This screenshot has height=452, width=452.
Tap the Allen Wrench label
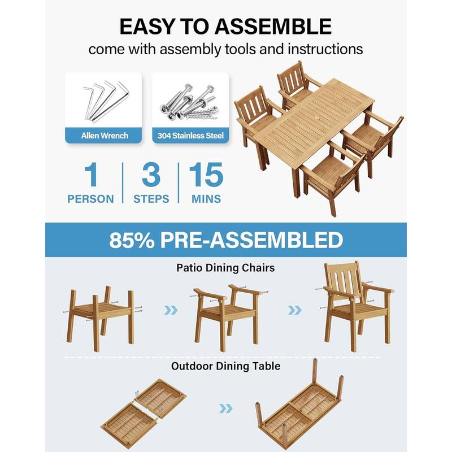click(105, 136)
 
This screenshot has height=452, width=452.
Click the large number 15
click(206, 176)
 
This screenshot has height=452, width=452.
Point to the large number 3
click(151, 176)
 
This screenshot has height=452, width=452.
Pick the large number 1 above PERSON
click(91, 176)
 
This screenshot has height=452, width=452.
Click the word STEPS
click(151, 199)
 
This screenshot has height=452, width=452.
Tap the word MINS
click(206, 199)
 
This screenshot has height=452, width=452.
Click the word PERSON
click(90, 199)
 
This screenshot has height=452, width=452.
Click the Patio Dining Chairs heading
click(225, 268)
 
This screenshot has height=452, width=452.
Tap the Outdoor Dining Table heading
click(225, 366)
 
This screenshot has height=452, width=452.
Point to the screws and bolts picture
click(190, 102)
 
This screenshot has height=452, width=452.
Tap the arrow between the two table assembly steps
click(225, 408)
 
